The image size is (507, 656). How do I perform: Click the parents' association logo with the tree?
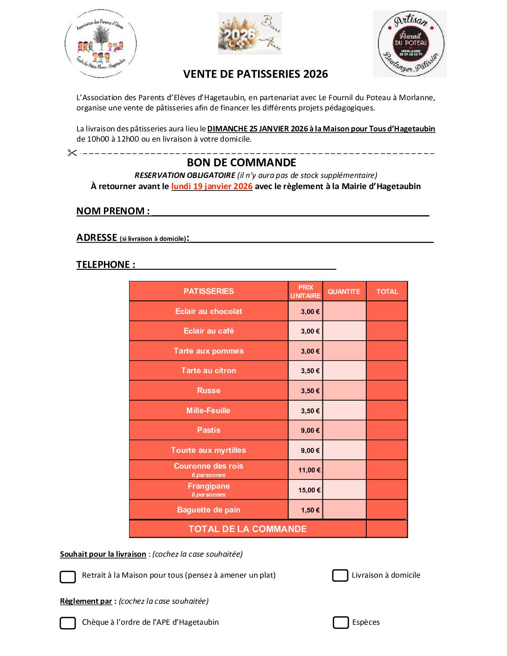101,44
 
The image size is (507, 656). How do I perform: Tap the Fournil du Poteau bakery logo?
410,44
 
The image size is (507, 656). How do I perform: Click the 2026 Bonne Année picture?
250,34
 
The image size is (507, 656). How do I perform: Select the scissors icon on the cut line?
72,153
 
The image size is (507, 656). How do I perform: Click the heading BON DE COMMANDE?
241,163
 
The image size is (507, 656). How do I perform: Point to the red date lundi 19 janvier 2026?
212,186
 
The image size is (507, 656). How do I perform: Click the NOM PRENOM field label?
113,211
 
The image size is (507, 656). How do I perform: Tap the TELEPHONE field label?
106,265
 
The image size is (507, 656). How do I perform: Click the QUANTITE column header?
344,292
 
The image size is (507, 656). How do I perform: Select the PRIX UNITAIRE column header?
305,292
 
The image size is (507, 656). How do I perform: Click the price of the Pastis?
310,430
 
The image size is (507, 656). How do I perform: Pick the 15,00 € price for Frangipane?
309,490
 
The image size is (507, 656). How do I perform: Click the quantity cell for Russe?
344,390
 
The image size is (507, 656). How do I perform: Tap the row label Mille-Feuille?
208,410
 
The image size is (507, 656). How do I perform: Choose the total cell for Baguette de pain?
387,510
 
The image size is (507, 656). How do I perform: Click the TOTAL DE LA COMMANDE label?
247,529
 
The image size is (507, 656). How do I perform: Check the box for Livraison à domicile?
340,575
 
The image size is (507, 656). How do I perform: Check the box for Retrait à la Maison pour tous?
68,577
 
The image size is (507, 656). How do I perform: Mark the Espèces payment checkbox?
341,622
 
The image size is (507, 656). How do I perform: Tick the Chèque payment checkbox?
68,623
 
